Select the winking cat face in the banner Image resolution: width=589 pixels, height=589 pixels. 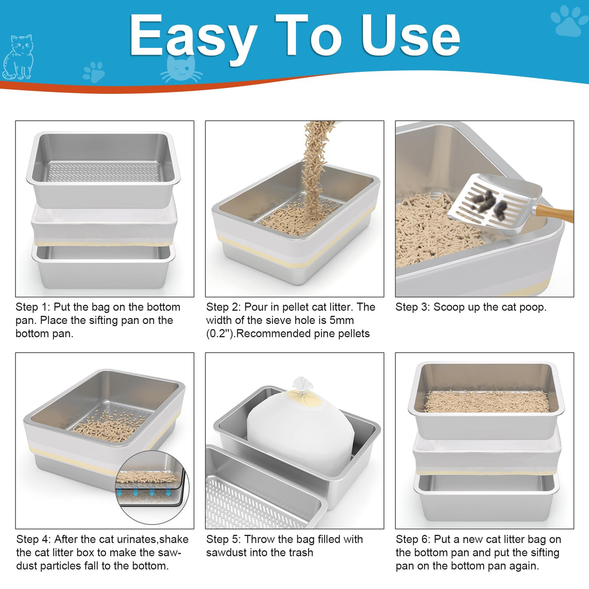coord(181,69)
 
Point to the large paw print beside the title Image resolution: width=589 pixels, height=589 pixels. coord(570,21)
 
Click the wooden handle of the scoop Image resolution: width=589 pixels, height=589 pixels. coord(554,213)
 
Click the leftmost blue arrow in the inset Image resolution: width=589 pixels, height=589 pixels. coord(119,492)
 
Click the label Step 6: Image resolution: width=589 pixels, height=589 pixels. coord(413,539)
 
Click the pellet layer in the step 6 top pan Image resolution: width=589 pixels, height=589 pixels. coord(487,401)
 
